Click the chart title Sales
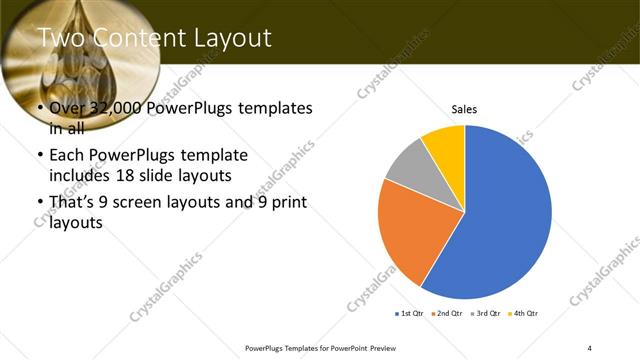464,109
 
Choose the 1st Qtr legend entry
409,314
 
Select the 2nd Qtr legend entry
447,314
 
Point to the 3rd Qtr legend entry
485,314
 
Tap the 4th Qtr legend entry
523,314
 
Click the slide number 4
590,347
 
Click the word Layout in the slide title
228,39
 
